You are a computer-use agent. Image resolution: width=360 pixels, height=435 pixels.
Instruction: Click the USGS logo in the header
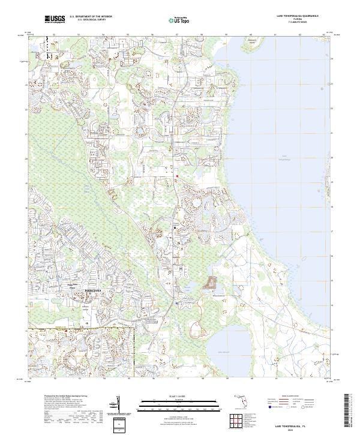coord(55,20)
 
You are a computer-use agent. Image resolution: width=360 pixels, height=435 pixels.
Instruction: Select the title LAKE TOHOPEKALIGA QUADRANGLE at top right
coord(298,16)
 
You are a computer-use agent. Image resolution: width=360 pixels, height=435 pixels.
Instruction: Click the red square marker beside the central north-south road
coord(177,176)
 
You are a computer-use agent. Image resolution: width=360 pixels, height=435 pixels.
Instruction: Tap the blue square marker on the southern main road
coord(177,304)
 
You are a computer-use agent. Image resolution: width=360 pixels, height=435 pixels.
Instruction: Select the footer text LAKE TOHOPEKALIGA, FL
coord(293,424)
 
